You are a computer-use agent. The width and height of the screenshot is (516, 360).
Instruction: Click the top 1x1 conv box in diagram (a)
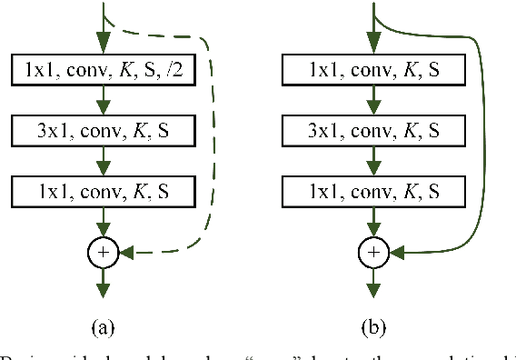click(103, 69)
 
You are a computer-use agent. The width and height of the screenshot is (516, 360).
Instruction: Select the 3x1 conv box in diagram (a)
click(103, 130)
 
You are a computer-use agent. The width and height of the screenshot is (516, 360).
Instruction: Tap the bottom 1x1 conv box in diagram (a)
click(103, 191)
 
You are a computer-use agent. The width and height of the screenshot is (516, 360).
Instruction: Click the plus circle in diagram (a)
click(103, 250)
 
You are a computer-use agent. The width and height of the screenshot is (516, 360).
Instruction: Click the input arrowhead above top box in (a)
click(103, 44)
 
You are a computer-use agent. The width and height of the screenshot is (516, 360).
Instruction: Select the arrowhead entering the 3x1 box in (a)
click(103, 106)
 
